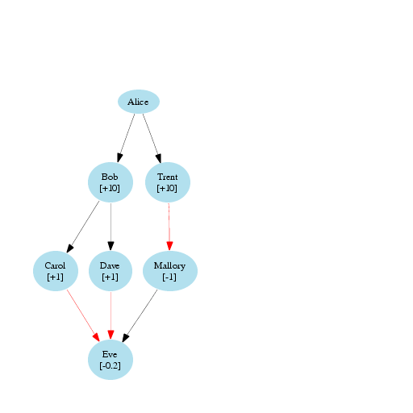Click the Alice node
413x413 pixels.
coord(139,102)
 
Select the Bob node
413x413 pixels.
coord(111,182)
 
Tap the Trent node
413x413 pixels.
coord(168,182)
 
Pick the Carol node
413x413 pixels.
coord(56,271)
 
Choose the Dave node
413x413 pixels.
coord(111,271)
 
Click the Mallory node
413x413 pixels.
coord(170,271)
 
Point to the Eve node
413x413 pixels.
coord(111,360)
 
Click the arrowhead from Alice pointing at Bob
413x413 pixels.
coord(119,158)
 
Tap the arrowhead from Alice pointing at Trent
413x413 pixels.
coord(159,158)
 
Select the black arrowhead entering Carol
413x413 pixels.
coord(70,248)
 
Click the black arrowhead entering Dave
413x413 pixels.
coord(111,246)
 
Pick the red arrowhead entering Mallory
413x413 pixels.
coord(169,246)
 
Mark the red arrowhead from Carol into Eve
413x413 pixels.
coord(96,337)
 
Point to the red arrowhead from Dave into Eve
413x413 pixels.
coord(111,335)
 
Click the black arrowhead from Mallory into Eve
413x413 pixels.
coord(126,338)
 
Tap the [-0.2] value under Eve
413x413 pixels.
coord(111,365)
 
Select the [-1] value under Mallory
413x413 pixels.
coord(169,277)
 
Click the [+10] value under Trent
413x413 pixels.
coord(167,188)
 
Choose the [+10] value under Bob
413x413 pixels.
coord(110,188)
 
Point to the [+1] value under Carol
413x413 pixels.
coord(55,277)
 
